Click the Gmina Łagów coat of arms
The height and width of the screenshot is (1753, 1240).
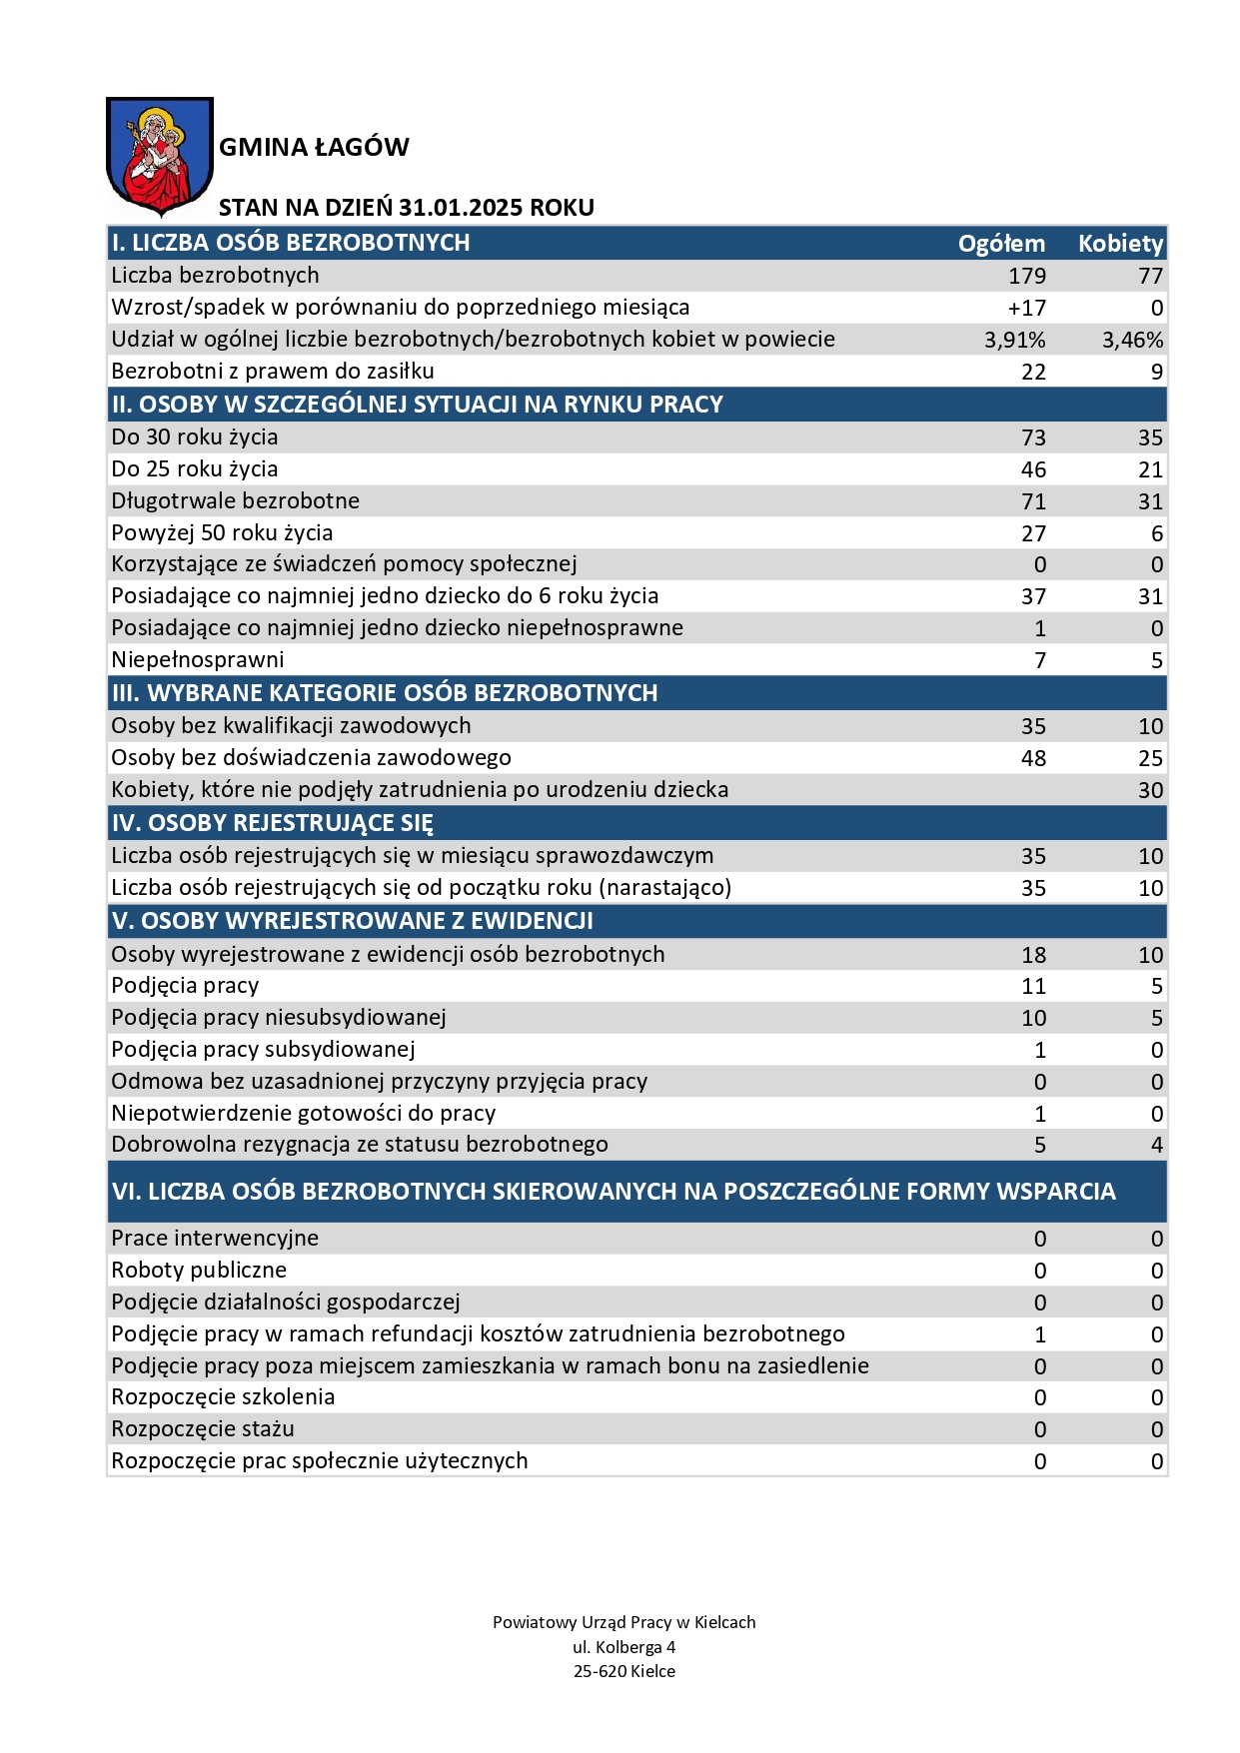pos(160,156)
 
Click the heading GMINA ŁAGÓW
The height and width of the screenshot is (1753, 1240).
pos(314,148)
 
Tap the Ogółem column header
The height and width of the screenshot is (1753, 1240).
pos(1001,244)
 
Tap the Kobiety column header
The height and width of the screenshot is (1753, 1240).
pos(1120,244)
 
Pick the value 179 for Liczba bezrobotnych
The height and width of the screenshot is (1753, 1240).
pos(1027,276)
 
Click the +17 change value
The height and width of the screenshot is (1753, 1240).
pos(1027,308)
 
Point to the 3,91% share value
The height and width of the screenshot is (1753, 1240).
pos(1015,340)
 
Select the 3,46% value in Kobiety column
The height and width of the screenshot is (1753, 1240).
pos(1132,340)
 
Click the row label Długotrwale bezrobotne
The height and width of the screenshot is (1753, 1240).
pos(236,501)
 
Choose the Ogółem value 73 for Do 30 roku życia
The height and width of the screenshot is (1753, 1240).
pos(1033,438)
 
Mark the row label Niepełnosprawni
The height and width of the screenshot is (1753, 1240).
pos(198,660)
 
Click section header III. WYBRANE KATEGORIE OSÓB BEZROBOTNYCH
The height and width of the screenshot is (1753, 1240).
pos(385,693)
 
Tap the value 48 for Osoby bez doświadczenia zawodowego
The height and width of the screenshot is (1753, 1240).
pos(1033,758)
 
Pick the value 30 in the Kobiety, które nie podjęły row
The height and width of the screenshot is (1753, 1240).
pos(1150,790)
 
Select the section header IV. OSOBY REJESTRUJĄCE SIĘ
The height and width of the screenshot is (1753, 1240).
pos(273,823)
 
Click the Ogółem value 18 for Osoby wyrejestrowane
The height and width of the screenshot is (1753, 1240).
pos(1033,955)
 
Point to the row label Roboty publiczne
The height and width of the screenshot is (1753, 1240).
pos(199,1271)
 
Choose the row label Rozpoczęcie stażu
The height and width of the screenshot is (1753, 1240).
pos(203,1429)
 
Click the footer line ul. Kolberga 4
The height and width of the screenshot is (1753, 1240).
pos(623,1647)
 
